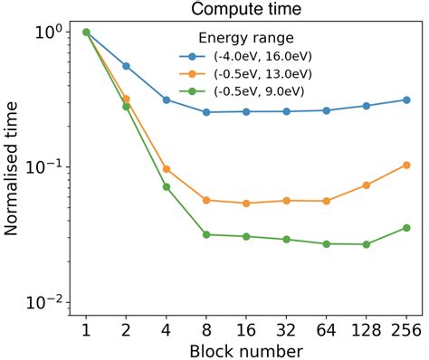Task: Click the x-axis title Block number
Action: [246, 348]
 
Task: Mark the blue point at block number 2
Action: [126, 66]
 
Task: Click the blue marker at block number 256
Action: [406, 99]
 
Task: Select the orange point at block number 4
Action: [167, 169]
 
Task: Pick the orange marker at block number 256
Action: [406, 165]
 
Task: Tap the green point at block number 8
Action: [206, 234]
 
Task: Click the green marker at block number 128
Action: [366, 244]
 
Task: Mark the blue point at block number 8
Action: [206, 112]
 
